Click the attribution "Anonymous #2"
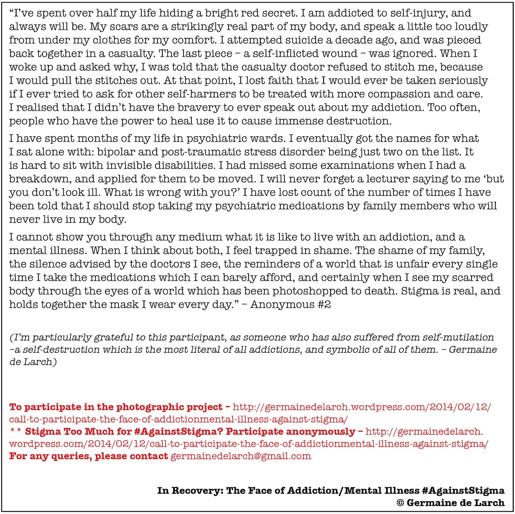(290, 304)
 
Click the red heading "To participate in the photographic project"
(116, 407)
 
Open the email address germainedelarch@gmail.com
(241, 456)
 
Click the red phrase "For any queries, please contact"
(89, 456)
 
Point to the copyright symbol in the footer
(400, 503)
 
